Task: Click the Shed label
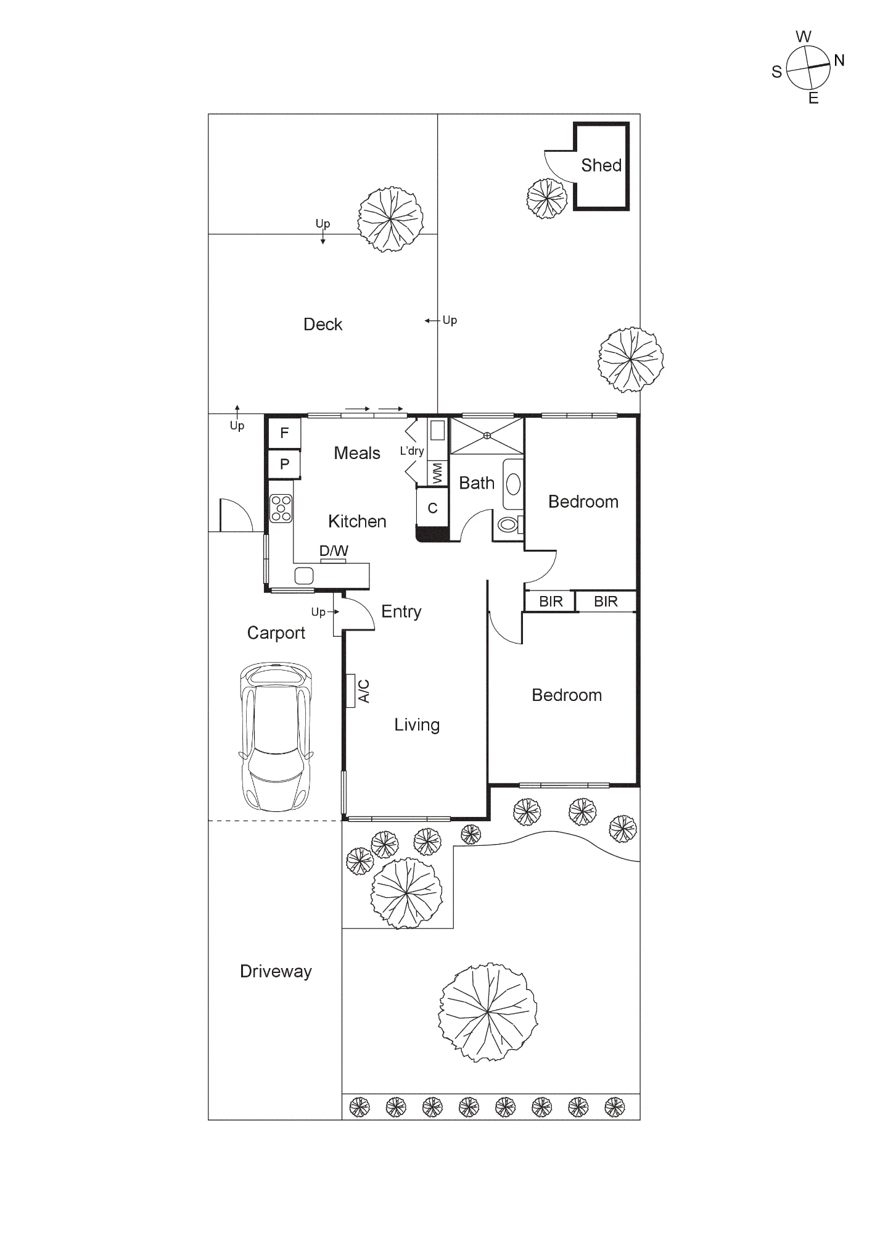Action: pyautogui.click(x=601, y=165)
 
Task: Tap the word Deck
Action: pyautogui.click(x=323, y=325)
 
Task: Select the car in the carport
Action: pyautogui.click(x=276, y=737)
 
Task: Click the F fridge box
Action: pyautogui.click(x=284, y=433)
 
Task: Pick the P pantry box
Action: pyautogui.click(x=284, y=464)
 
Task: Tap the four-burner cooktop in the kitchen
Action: pyautogui.click(x=281, y=508)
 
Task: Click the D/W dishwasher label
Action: pyautogui.click(x=334, y=550)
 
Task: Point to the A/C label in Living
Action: pyautogui.click(x=364, y=691)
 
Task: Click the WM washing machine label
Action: pyautogui.click(x=437, y=473)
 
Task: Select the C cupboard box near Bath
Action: pyautogui.click(x=432, y=508)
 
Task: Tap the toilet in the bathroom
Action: pyautogui.click(x=509, y=524)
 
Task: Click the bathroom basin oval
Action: pyautogui.click(x=513, y=484)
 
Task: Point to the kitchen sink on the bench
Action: pyautogui.click(x=304, y=576)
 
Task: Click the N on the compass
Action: pyautogui.click(x=839, y=60)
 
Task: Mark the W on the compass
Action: pyautogui.click(x=804, y=36)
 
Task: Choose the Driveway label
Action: pyautogui.click(x=276, y=972)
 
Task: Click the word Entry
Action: pyautogui.click(x=401, y=611)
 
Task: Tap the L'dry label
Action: pyautogui.click(x=412, y=451)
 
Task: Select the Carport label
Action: pyautogui.click(x=276, y=633)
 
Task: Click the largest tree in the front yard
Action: pyautogui.click(x=488, y=1012)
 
